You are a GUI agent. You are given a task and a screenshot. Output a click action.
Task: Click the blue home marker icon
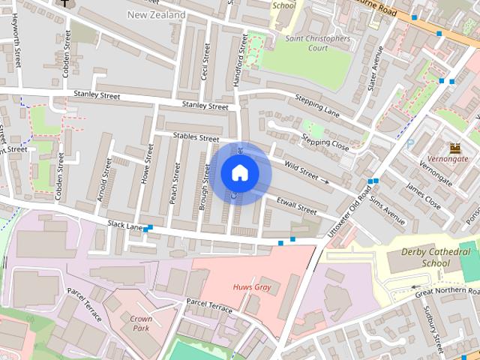239,173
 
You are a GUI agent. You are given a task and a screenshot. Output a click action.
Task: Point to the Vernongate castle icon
454,147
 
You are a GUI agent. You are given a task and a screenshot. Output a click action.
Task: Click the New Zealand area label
156,15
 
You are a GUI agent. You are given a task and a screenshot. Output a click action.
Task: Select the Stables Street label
196,138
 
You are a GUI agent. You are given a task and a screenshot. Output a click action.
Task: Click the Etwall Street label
296,205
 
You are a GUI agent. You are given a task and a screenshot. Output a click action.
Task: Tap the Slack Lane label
125,225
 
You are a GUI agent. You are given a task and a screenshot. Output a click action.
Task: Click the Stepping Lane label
317,106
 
